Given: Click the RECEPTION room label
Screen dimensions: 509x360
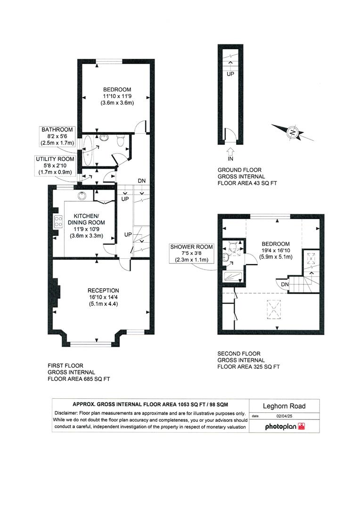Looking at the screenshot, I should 103,290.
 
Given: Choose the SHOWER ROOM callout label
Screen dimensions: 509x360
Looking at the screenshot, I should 192,246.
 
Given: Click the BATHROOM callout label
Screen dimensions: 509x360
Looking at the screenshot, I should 57,129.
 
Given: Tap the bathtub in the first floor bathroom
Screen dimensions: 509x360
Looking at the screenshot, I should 90,148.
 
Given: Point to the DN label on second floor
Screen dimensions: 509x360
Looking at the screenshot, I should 285,284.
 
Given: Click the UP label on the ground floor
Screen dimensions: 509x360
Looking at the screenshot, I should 230,74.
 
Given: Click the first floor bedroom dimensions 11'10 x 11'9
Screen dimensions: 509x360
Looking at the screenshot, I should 117,96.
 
